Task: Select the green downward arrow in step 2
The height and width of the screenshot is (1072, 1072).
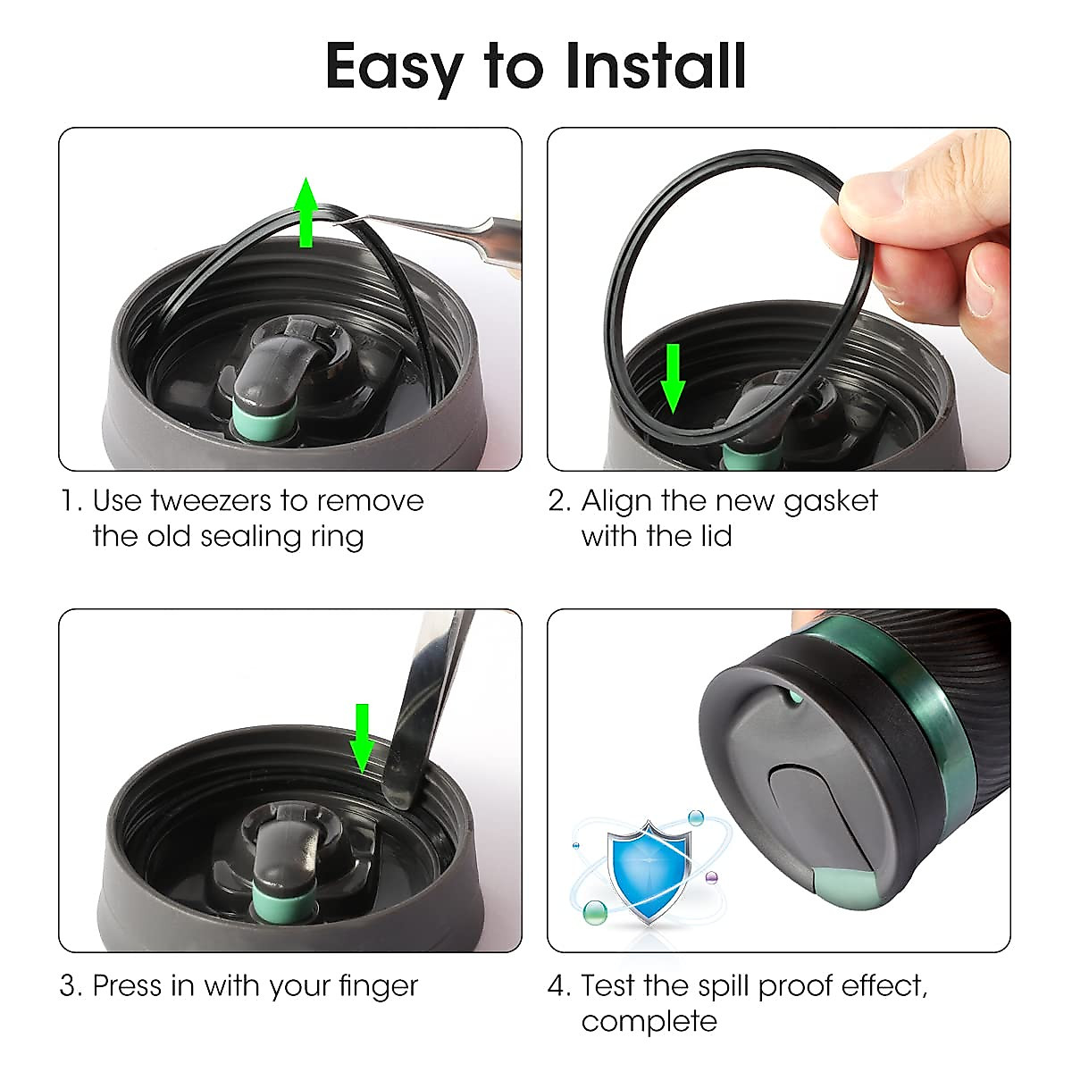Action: tap(673, 381)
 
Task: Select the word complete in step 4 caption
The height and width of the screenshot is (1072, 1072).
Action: tap(649, 1021)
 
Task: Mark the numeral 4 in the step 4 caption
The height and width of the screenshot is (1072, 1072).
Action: tap(558, 986)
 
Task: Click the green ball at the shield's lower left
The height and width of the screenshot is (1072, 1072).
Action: tap(593, 912)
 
